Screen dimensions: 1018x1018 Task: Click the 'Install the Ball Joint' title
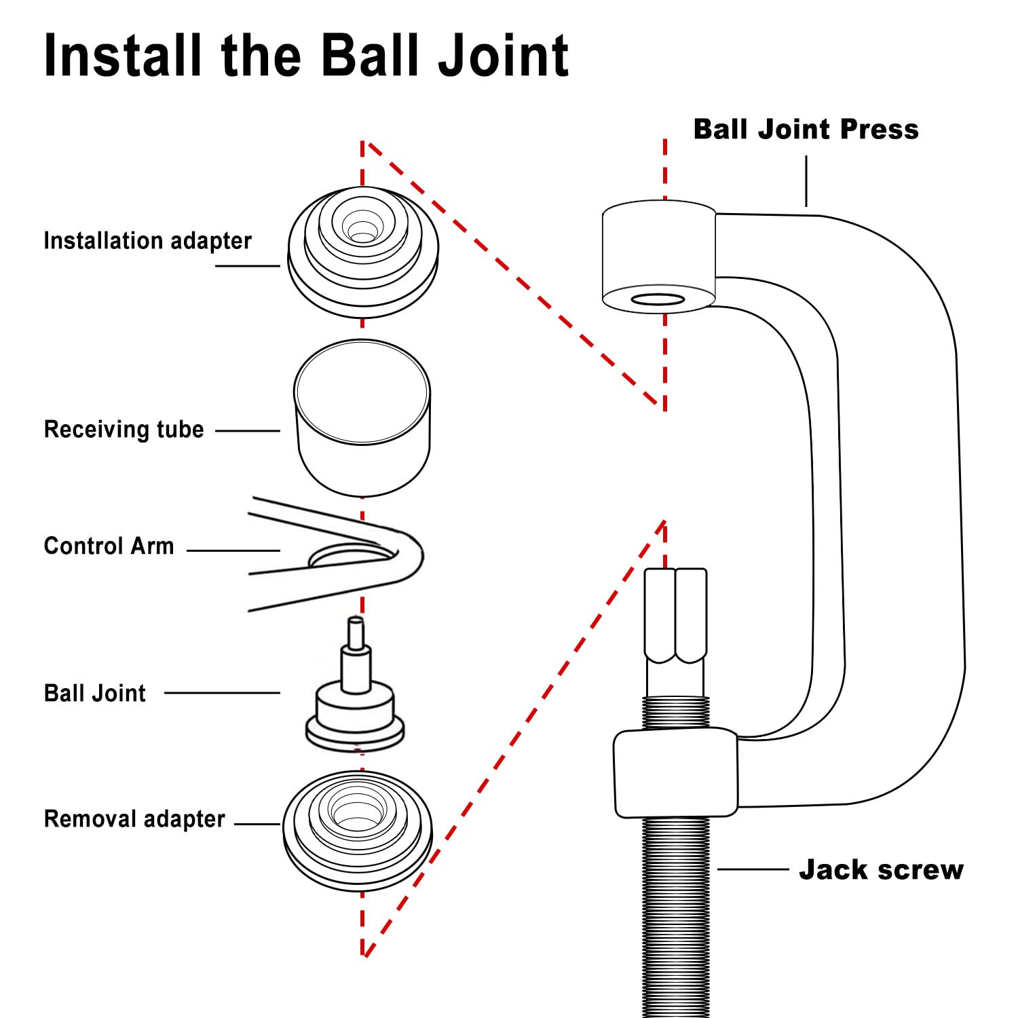click(x=305, y=56)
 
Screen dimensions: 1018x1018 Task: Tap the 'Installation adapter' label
click(x=147, y=241)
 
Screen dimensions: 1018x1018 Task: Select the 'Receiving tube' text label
click(x=124, y=430)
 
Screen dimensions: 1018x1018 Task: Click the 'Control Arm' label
click(x=109, y=546)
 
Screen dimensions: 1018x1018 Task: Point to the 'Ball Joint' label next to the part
click(x=94, y=694)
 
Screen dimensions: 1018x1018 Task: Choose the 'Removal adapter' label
click(x=134, y=819)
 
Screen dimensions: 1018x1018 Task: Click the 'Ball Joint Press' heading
click(x=806, y=130)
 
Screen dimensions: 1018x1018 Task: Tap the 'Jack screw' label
click(x=881, y=870)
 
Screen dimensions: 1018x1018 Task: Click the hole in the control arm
click(x=350, y=557)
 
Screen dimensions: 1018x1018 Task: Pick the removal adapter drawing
click(x=358, y=829)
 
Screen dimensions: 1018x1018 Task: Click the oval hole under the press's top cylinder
click(x=658, y=299)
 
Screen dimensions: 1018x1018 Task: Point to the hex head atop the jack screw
click(x=676, y=614)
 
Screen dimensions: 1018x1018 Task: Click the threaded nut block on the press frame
click(x=676, y=772)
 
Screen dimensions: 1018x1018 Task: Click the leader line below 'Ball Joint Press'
click(x=806, y=181)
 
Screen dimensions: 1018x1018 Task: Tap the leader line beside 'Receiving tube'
click(x=248, y=430)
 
